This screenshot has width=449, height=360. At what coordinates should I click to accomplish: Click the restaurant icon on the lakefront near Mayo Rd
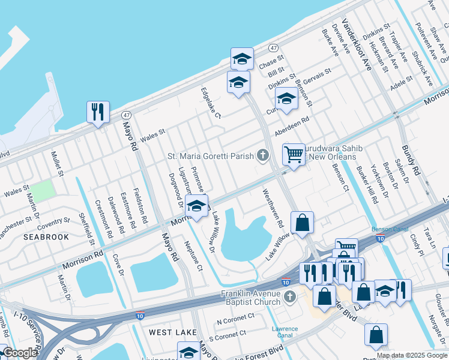[x=98, y=112]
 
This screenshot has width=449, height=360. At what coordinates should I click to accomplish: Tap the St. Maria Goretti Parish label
[x=210, y=157]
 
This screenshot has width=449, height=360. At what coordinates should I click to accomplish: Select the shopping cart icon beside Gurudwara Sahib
[x=294, y=154]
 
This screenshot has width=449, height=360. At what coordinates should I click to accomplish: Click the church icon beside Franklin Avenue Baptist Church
[x=289, y=296]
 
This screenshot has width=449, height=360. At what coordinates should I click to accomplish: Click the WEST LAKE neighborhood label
[x=170, y=332]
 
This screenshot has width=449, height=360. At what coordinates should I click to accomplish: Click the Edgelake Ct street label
[x=211, y=103]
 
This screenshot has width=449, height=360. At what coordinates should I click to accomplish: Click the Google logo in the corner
[x=19, y=353]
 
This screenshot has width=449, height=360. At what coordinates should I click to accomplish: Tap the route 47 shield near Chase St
[x=273, y=47]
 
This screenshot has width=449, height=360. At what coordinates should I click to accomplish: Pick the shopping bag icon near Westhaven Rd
[x=303, y=222]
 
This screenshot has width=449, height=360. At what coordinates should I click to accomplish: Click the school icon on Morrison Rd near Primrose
[x=196, y=206]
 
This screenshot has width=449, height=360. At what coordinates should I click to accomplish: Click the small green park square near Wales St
[x=41, y=191]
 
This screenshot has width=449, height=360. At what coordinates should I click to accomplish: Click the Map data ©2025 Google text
[x=412, y=355]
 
